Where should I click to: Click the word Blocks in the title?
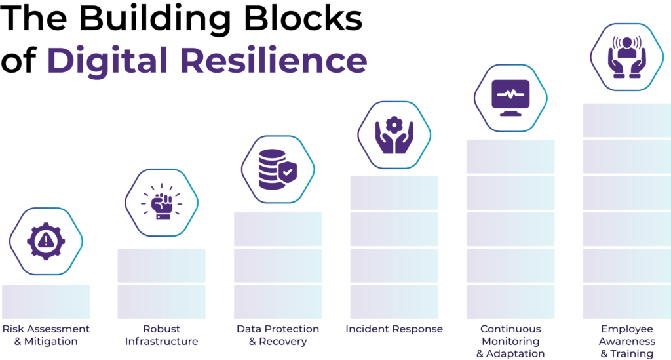pos(312,18)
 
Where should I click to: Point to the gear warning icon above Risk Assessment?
pos(45,241)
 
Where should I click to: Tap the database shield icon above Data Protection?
pos(278,168)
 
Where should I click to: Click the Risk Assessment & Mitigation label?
pos(45,334)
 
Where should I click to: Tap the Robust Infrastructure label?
pos(161,334)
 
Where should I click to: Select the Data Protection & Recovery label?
pos(278,334)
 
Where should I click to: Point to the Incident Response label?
pos(394,329)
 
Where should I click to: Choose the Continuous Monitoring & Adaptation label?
pos(510,340)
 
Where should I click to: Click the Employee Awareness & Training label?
pos(627,340)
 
